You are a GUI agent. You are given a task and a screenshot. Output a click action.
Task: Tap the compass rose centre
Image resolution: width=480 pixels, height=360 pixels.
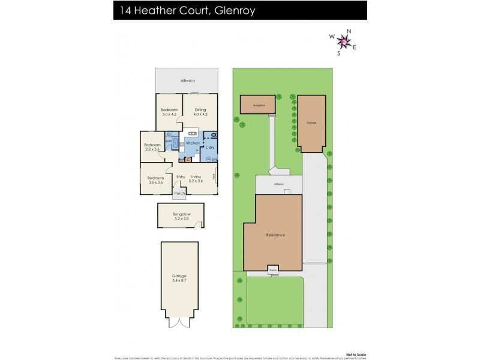[343, 41]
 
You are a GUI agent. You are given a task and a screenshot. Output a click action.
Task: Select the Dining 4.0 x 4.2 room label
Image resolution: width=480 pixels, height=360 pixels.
[200, 112]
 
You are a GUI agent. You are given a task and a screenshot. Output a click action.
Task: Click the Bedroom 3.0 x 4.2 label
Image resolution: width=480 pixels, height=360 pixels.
[169, 112]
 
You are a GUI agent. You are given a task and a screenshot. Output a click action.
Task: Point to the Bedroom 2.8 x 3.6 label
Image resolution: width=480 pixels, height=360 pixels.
[152, 147]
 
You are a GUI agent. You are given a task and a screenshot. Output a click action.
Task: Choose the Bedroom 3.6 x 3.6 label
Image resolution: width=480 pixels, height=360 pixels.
[155, 180]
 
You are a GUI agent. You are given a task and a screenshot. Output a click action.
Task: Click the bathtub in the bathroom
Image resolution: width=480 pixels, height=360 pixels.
[175, 143]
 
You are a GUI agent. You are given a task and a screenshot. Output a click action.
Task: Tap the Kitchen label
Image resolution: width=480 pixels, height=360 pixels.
[193, 143]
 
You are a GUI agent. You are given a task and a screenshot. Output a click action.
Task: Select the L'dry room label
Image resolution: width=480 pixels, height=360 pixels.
[210, 147]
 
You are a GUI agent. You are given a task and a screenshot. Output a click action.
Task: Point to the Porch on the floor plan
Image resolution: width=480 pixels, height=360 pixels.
[179, 193]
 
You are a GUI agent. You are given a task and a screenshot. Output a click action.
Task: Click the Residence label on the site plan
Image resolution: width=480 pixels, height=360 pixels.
[275, 235]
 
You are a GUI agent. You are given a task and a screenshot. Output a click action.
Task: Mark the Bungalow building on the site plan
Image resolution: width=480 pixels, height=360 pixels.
[259, 104]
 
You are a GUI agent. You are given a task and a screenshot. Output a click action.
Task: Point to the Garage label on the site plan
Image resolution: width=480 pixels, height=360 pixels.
[311, 122]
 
